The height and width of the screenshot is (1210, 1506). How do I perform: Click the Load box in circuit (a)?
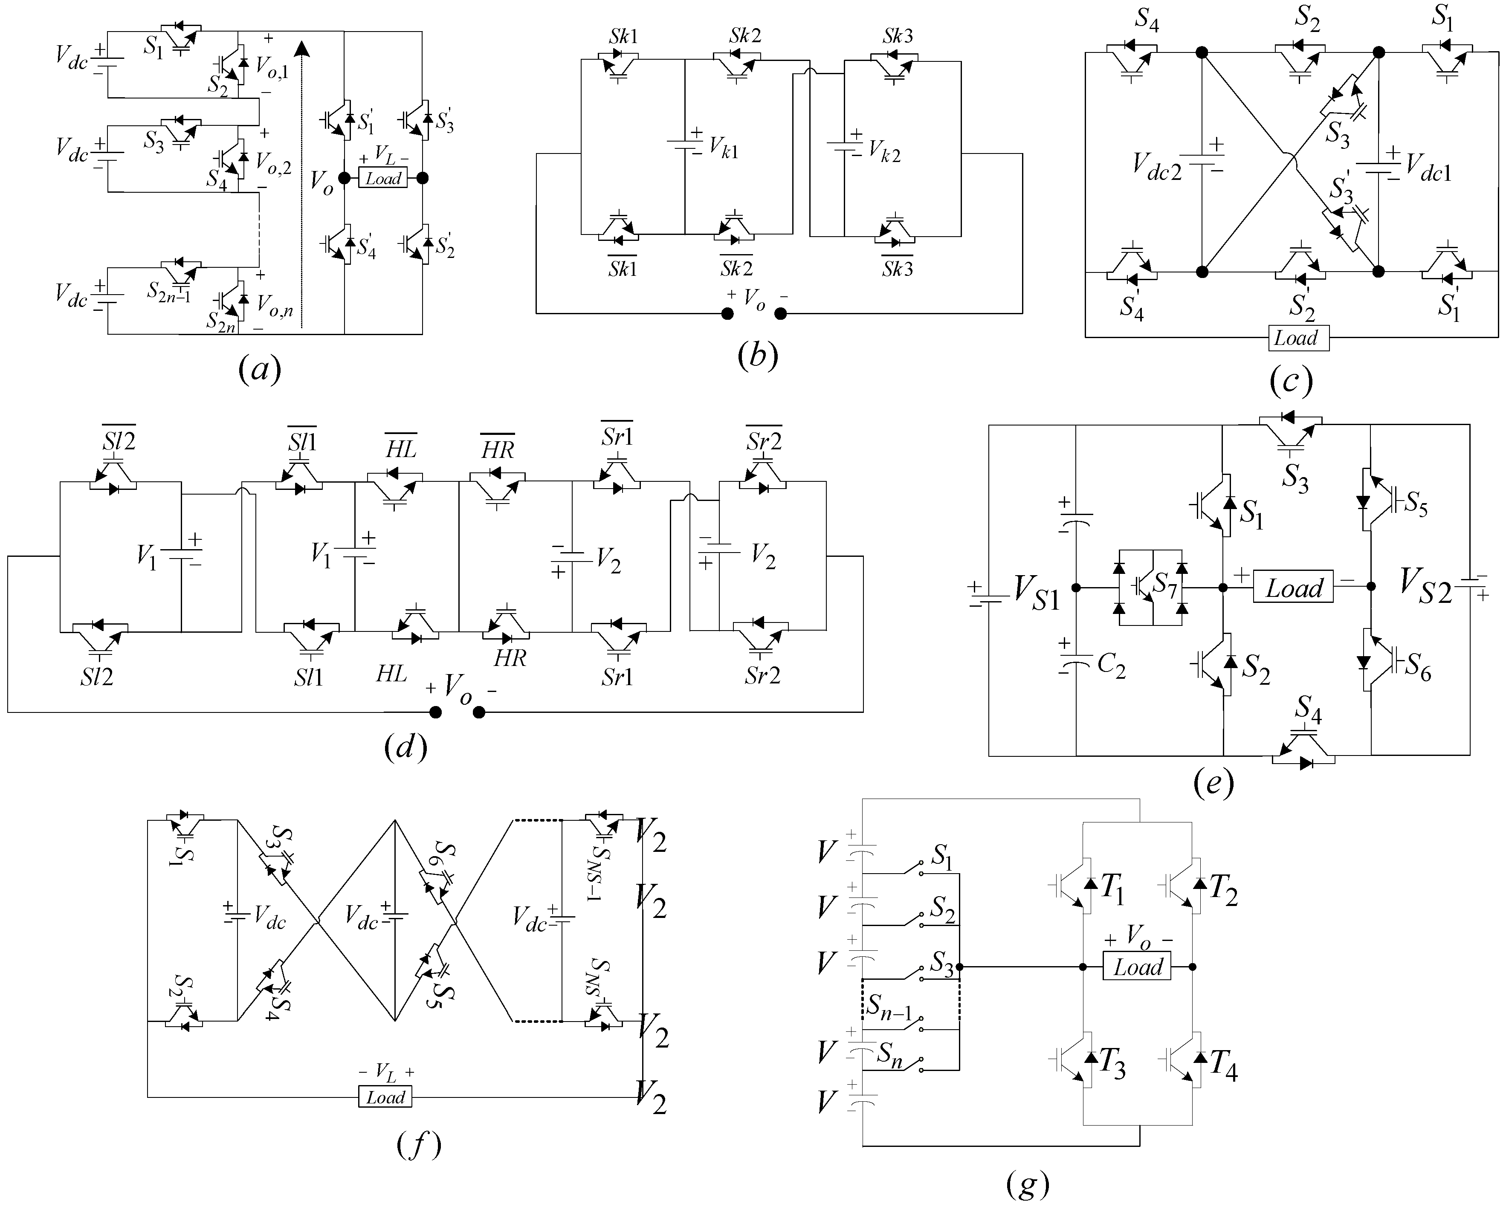[383, 178]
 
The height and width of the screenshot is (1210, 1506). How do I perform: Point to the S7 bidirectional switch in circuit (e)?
[1150, 587]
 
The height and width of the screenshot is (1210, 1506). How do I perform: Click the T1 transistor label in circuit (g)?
[1112, 889]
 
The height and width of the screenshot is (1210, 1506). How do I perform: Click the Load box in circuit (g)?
[1137, 967]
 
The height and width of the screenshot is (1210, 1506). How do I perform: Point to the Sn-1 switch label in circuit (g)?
[889, 1008]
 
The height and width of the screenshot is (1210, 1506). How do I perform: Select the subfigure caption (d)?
[405, 747]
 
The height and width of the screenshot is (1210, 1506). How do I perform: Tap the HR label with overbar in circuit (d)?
[497, 447]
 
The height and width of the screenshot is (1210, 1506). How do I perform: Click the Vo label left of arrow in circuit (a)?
[321, 184]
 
